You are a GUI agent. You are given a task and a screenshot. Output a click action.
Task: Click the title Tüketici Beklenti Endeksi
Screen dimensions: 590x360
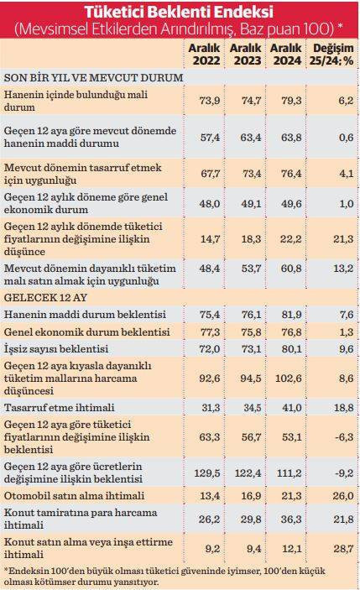(x=180, y=13)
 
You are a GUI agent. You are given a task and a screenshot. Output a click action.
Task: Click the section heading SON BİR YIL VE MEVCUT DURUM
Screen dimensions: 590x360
(x=94, y=76)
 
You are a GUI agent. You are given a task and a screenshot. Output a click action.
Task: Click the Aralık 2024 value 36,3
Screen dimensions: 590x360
(x=286, y=519)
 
